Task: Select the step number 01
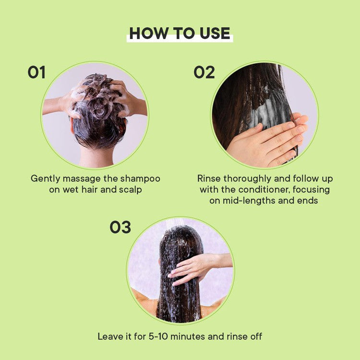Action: pyautogui.click(x=36, y=72)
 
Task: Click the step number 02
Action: pyautogui.click(x=204, y=72)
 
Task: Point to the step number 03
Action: pyautogui.click(x=120, y=228)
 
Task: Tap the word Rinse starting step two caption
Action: pyautogui.click(x=209, y=179)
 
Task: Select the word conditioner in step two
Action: pyautogui.click(x=264, y=190)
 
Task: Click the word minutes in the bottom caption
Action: pyautogui.click(x=188, y=336)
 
